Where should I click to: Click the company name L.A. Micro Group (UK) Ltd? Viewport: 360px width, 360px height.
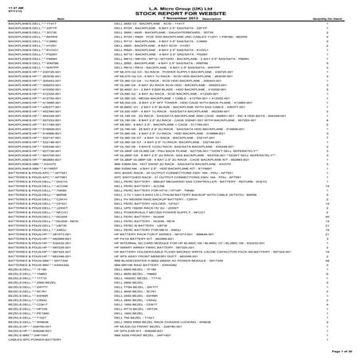coord(179,6)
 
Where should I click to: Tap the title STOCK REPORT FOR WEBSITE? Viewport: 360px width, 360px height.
coord(179,12)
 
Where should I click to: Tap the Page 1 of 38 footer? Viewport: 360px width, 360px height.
coord(338,350)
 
